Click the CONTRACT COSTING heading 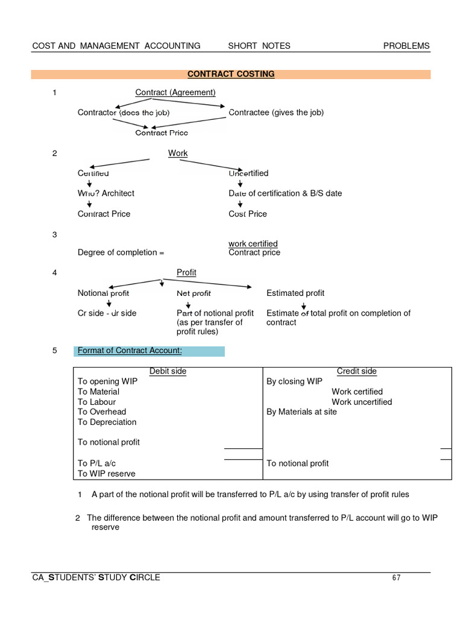pyautogui.click(x=231, y=74)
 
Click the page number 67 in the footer pyautogui.click(x=396, y=578)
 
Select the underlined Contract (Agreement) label pyautogui.click(x=175, y=92)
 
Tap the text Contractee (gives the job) pyautogui.click(x=276, y=113)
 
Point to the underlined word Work pyautogui.click(x=178, y=154)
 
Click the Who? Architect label pyautogui.click(x=106, y=193)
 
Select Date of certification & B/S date pyautogui.click(x=285, y=193)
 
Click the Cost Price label pyautogui.click(x=248, y=214)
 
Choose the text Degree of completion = pyautogui.click(x=121, y=252)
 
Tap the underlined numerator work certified pyautogui.click(x=253, y=243)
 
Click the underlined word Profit pyautogui.click(x=186, y=273)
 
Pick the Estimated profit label pyautogui.click(x=295, y=293)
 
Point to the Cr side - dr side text pyautogui.click(x=107, y=313)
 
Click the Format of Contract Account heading pyautogui.click(x=129, y=351)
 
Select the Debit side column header pyautogui.click(x=168, y=372)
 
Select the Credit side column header pyautogui.click(x=357, y=372)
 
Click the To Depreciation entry pyautogui.click(x=107, y=422)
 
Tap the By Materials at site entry pyautogui.click(x=301, y=412)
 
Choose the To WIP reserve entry pyautogui.click(x=107, y=474)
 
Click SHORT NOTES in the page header pyautogui.click(x=259, y=46)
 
